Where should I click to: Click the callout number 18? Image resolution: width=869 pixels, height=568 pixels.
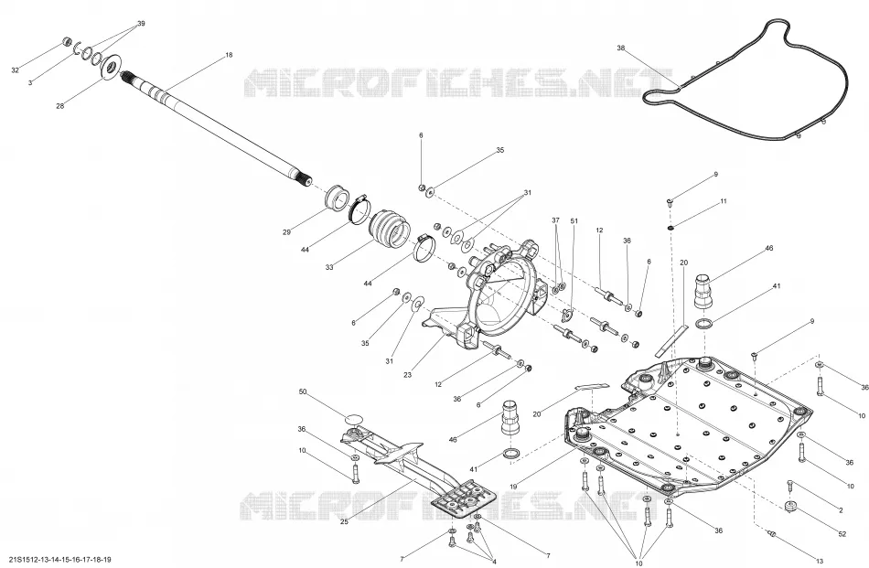[229, 55]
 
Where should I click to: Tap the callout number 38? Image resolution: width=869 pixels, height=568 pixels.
[621, 48]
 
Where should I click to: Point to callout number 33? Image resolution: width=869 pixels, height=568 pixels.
[329, 267]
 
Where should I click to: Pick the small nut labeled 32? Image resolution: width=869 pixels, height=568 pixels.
[67, 41]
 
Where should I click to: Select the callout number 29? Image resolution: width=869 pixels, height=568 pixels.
[286, 232]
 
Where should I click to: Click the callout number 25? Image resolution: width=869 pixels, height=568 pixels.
[344, 521]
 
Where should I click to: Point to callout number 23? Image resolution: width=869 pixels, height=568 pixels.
[407, 375]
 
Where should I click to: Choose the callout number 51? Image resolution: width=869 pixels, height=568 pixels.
[574, 221]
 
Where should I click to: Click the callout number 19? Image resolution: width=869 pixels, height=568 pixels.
[513, 487]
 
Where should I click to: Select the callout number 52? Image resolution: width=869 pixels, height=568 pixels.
[842, 534]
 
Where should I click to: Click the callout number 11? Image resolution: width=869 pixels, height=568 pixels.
[724, 202]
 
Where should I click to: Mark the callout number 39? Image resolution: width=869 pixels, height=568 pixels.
[141, 23]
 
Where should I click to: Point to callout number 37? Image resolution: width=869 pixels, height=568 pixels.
[556, 220]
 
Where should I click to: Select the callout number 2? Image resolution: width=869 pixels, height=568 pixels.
[841, 510]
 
